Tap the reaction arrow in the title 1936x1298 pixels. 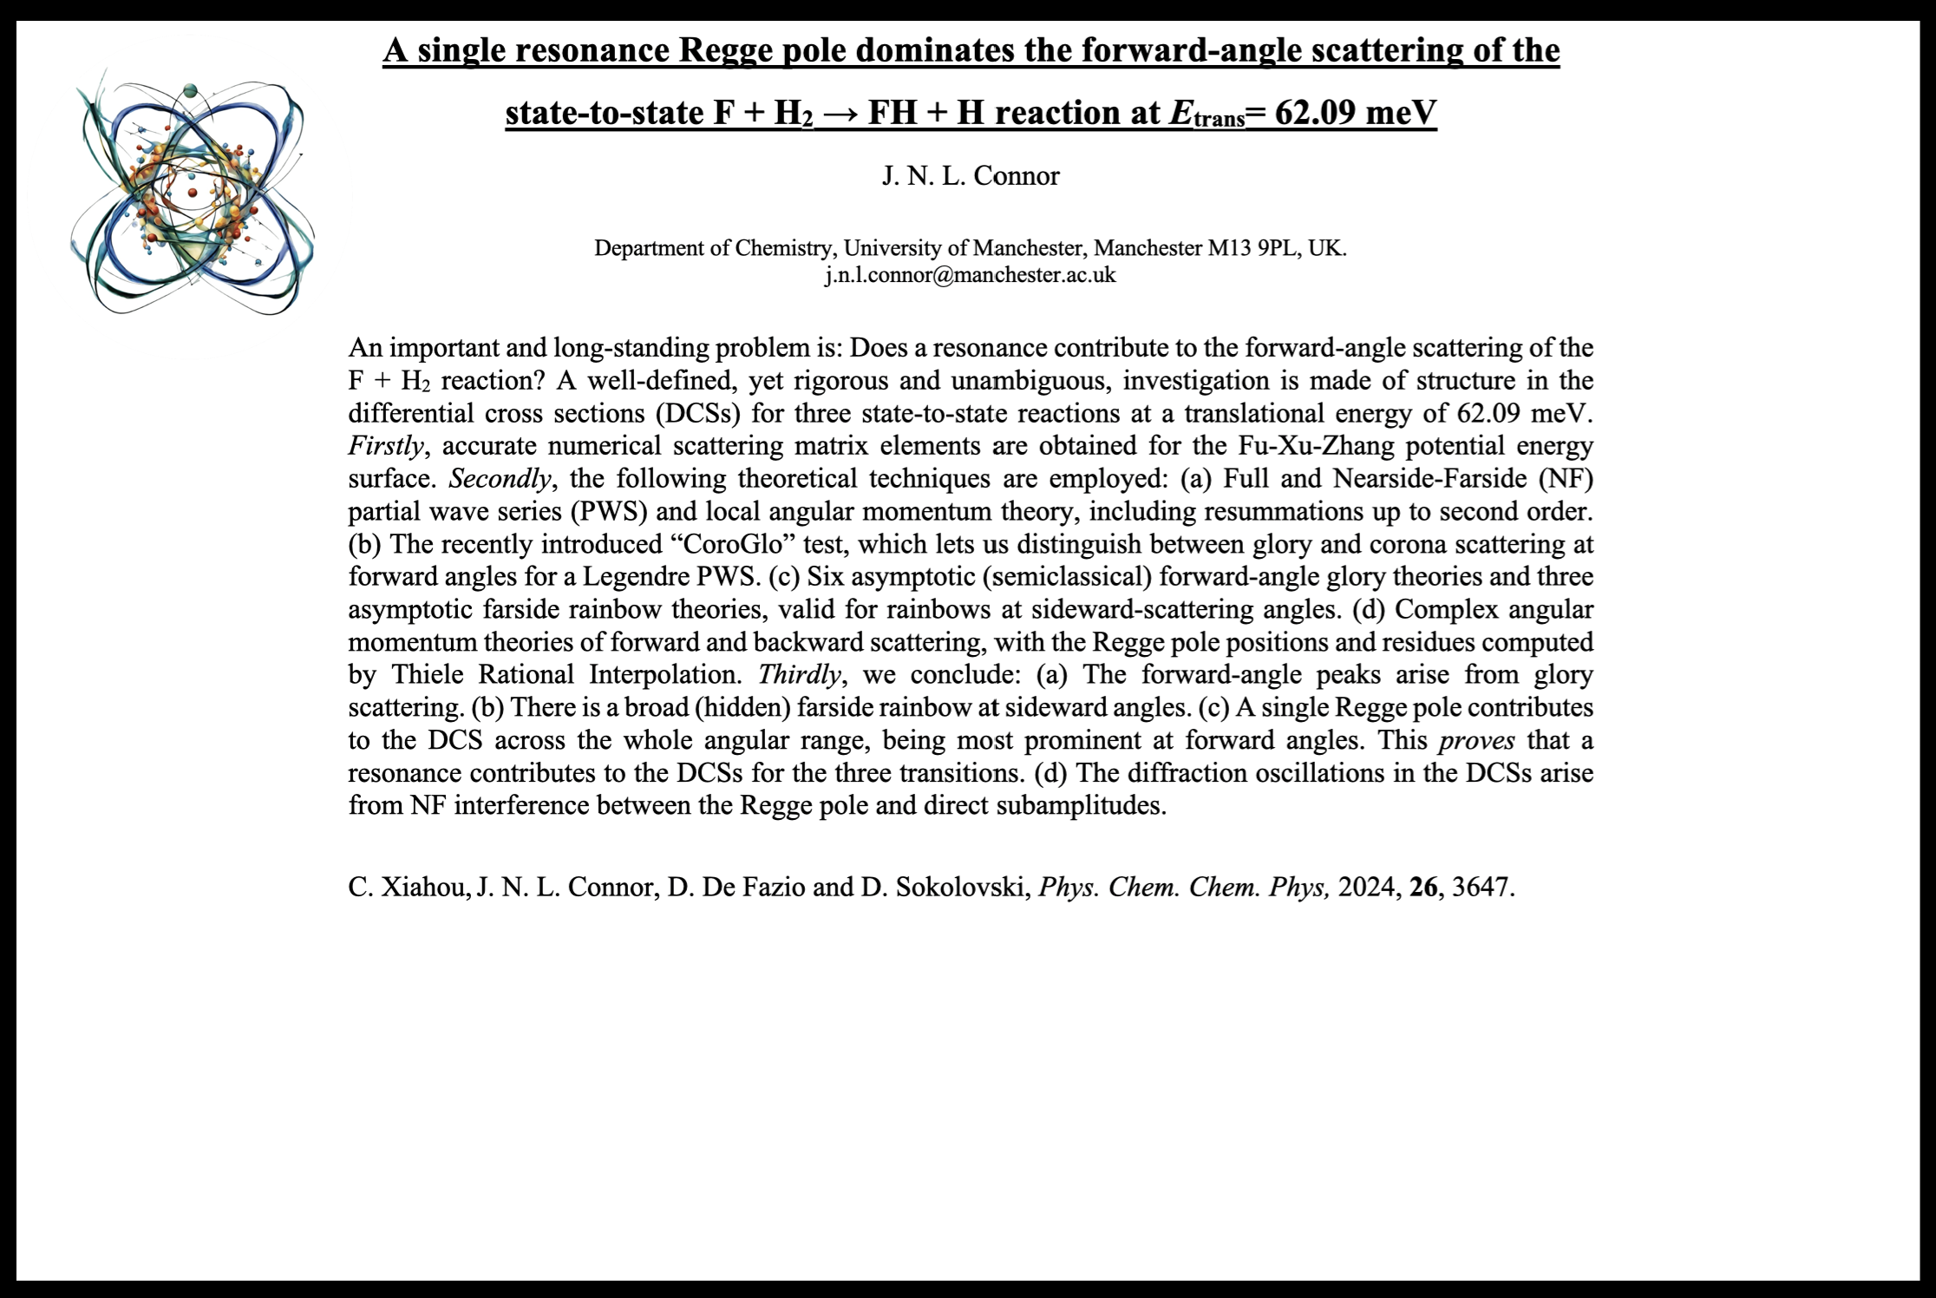tap(840, 113)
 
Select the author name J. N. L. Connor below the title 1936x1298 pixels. tap(971, 176)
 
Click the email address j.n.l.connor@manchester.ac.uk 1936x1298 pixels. tap(971, 276)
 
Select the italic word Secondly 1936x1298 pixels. tap(500, 479)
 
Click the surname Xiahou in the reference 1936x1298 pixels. tap(425, 887)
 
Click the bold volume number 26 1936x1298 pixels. tap(1423, 887)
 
